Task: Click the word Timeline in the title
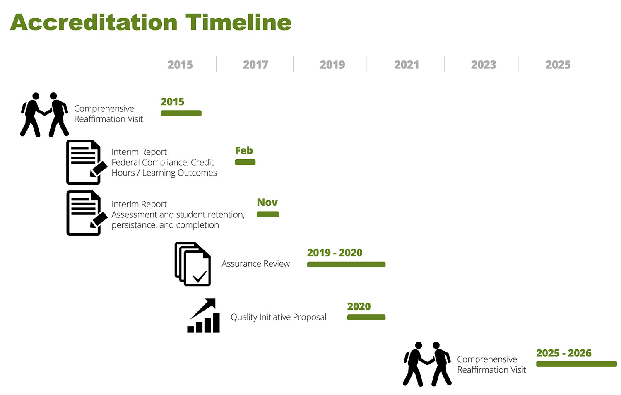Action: click(238, 22)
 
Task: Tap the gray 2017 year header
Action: click(255, 65)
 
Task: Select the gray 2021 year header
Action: click(407, 65)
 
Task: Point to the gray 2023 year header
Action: click(484, 65)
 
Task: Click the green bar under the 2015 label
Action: click(181, 113)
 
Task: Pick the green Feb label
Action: click(244, 151)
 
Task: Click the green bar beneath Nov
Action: click(268, 214)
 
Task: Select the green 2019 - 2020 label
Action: click(335, 253)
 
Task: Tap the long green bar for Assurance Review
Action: click(346, 265)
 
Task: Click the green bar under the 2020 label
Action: click(366, 317)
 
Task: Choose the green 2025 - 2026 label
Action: click(563, 353)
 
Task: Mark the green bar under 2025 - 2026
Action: click(576, 364)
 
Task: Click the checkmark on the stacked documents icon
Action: click(200, 276)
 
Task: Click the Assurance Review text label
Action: click(255, 263)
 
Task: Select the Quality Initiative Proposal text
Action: click(278, 317)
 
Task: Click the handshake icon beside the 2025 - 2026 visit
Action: click(427, 364)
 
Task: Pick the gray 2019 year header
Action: click(332, 65)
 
